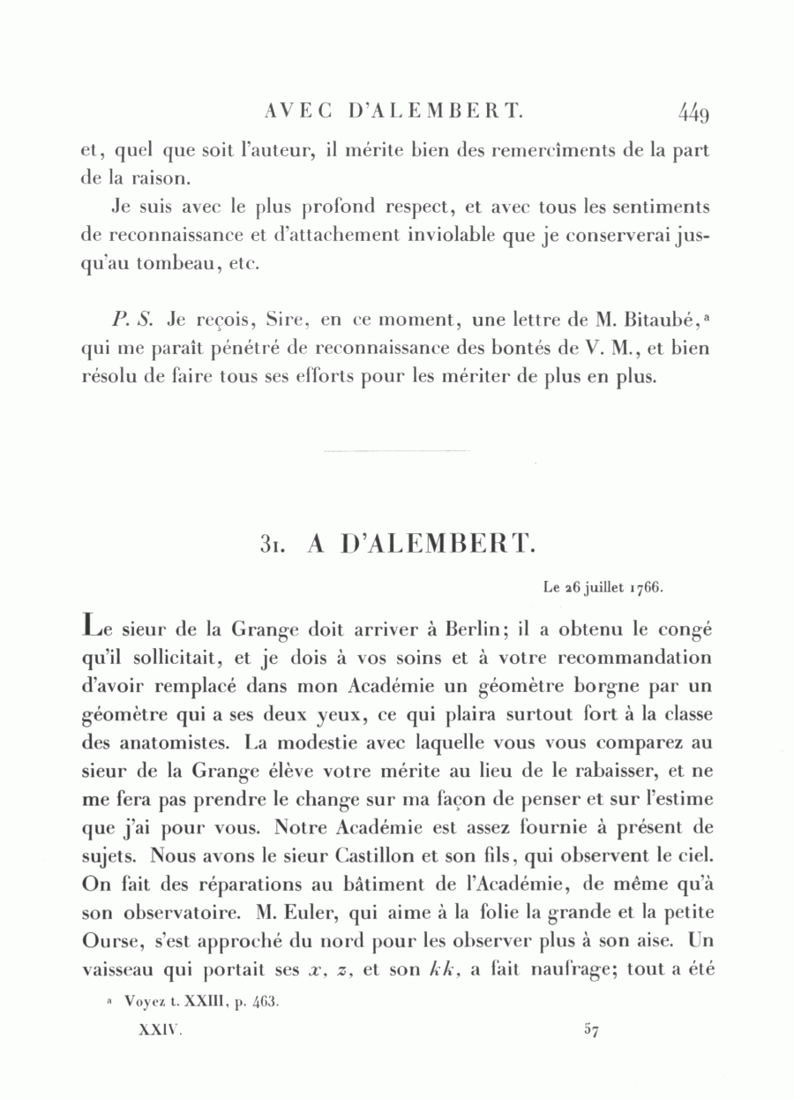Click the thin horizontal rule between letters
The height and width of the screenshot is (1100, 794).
pos(396,452)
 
